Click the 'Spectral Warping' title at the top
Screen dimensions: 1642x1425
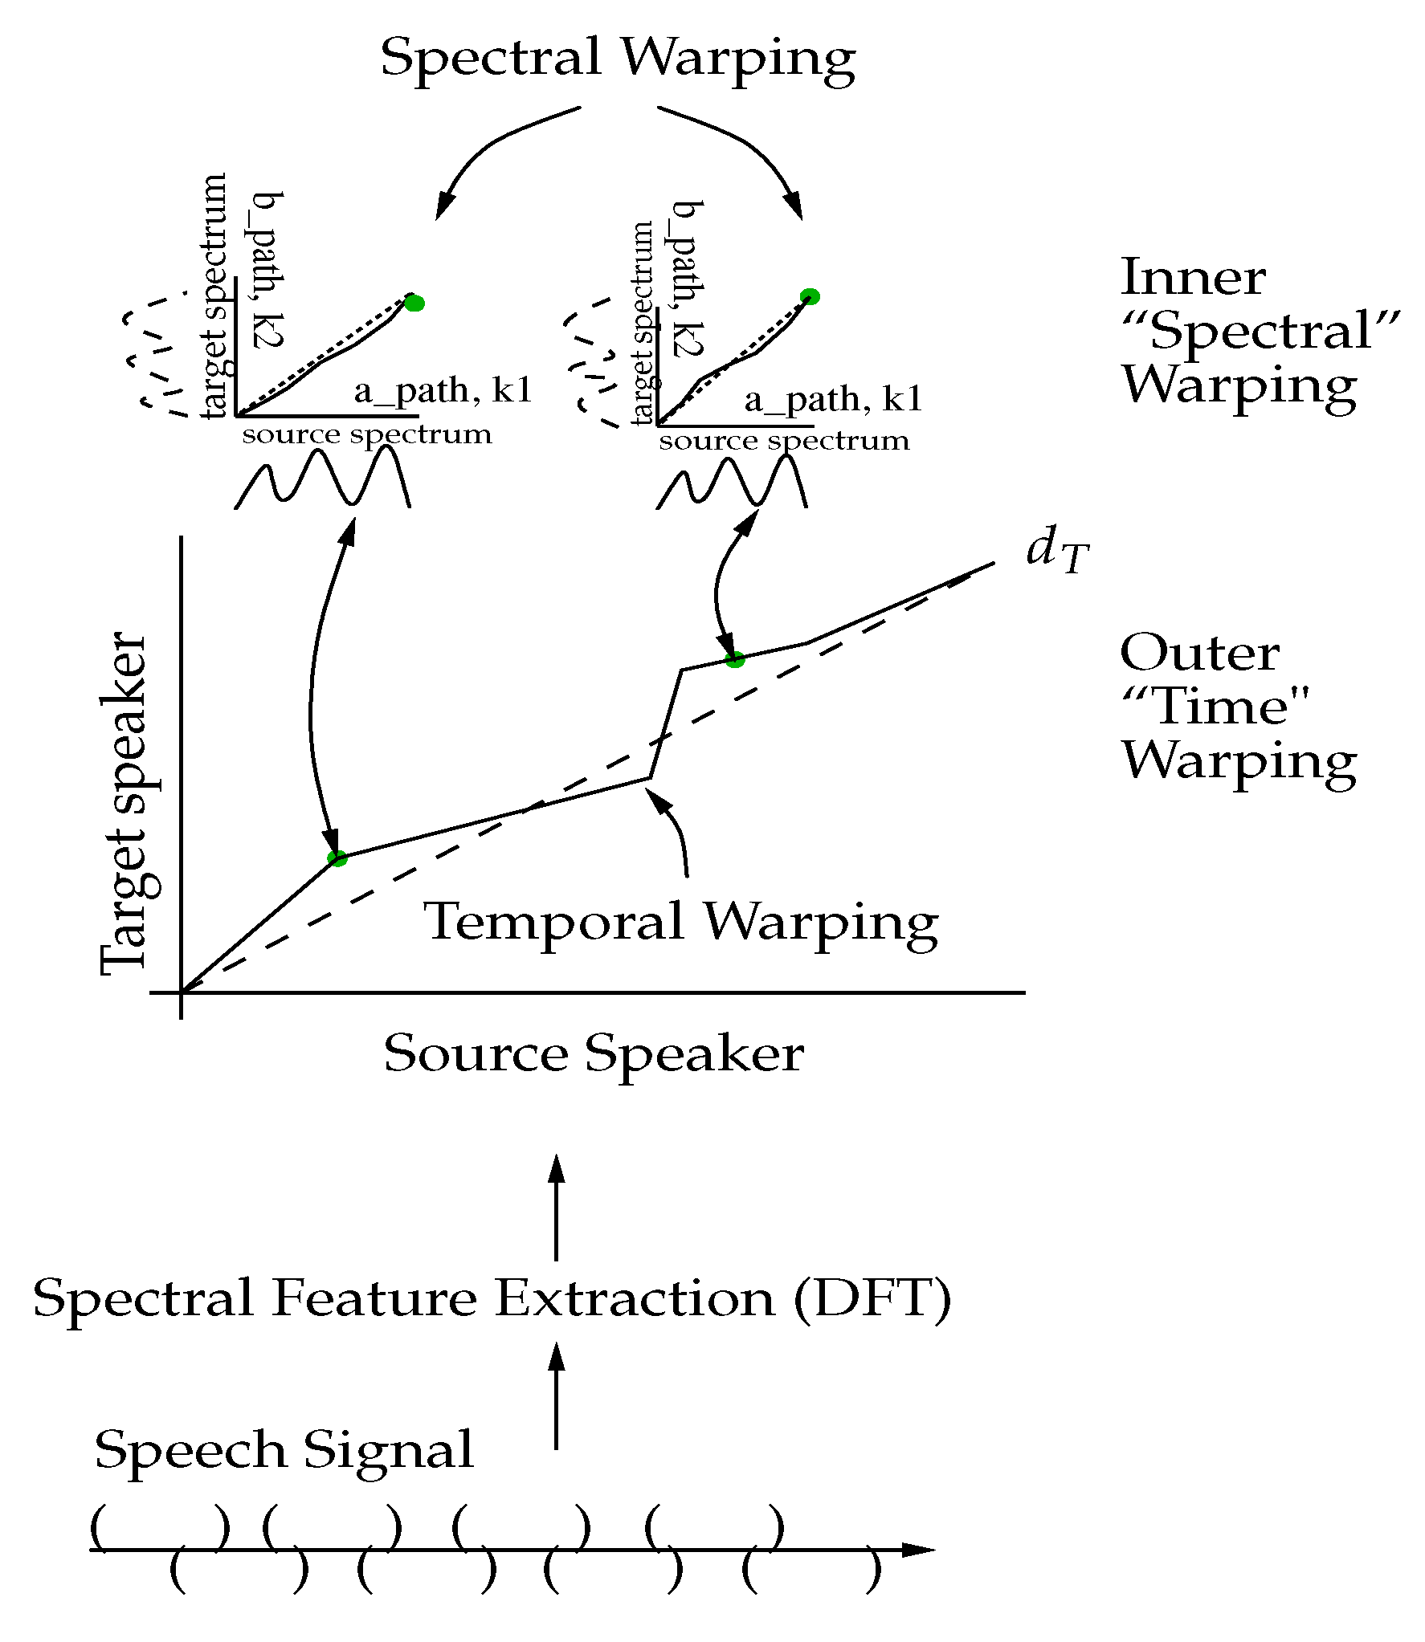click(617, 58)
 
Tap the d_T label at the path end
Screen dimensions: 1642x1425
click(1056, 552)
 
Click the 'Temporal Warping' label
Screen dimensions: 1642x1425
click(680, 922)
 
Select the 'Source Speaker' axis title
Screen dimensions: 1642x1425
click(594, 1053)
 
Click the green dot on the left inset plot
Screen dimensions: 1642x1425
click(414, 303)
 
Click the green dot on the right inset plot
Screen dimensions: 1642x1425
click(810, 296)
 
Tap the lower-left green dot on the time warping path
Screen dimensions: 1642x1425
click(337, 858)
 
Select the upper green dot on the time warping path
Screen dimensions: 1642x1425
click(734, 660)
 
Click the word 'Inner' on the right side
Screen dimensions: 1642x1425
click(1192, 278)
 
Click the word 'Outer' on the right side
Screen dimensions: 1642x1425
click(1198, 653)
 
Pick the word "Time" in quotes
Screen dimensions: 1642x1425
click(1215, 707)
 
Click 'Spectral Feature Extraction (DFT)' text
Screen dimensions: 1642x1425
click(492, 1299)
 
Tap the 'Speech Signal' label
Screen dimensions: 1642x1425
click(284, 1451)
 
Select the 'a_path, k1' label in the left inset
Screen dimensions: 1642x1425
click(443, 391)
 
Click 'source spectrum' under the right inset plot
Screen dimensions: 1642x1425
click(784, 442)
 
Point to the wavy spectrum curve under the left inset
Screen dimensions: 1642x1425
click(321, 478)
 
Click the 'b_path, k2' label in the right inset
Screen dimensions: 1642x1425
click(688, 278)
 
